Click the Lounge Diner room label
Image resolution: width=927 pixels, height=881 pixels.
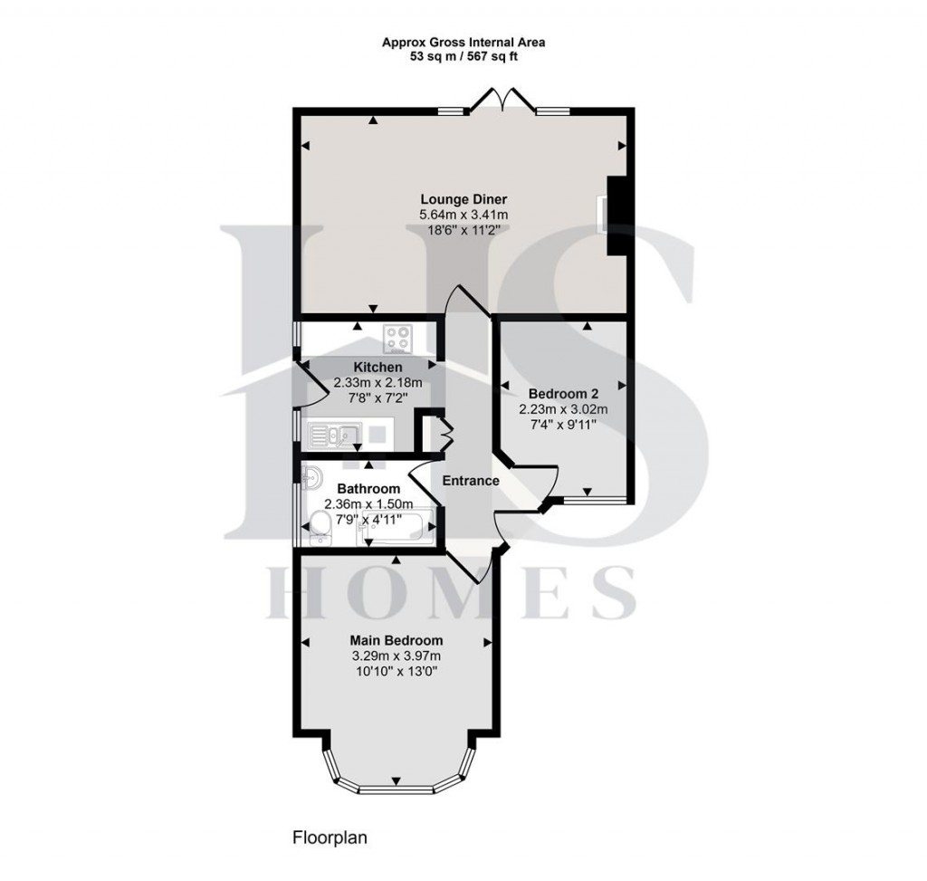click(463, 199)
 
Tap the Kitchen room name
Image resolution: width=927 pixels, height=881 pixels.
click(377, 368)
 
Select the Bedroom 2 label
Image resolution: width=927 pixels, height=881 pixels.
click(563, 394)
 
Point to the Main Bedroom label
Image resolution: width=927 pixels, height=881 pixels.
click(397, 640)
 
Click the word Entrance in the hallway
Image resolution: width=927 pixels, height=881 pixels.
click(471, 481)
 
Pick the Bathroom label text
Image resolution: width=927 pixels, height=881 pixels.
click(368, 489)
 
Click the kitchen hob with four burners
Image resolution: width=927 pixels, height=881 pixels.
click(397, 340)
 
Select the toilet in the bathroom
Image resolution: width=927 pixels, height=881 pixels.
click(321, 528)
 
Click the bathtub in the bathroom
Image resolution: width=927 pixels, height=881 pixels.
click(396, 527)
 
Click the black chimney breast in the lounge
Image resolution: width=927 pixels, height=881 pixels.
click(616, 215)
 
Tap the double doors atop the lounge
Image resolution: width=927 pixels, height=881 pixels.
click(503, 99)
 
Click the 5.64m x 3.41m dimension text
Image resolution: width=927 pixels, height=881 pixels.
click(463, 215)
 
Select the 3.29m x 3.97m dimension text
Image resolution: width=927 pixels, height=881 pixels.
click(397, 656)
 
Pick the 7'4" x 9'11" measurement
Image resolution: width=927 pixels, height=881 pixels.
click(563, 424)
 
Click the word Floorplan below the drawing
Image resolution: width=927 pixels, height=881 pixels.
click(330, 838)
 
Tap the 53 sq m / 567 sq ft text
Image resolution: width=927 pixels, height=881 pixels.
click(463, 57)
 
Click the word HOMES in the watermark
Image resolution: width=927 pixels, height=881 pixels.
click(451, 592)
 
